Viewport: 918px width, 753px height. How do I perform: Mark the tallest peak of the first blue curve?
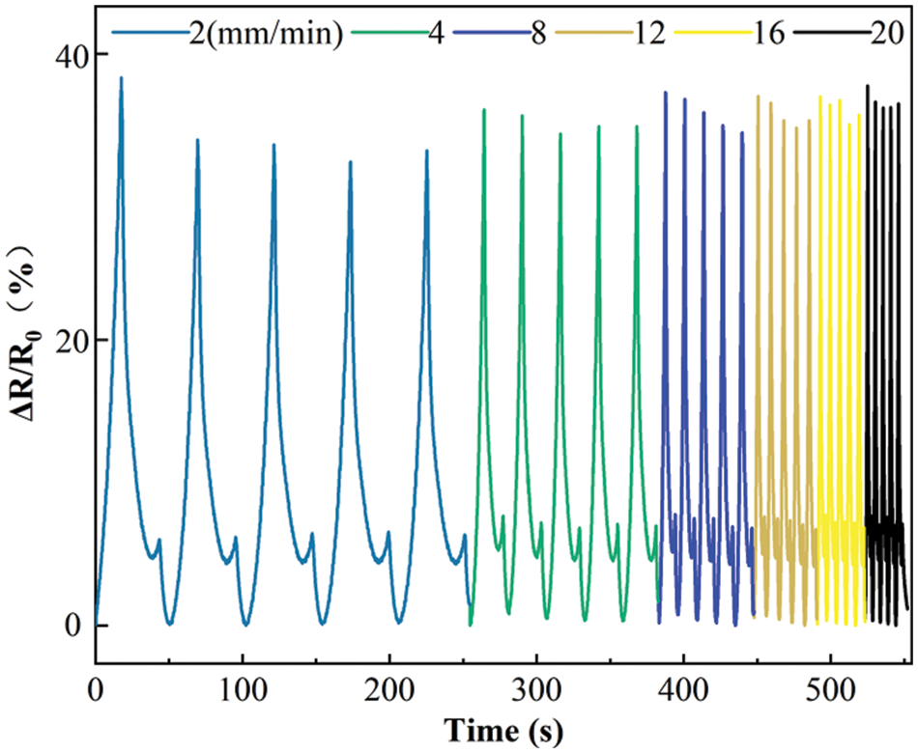121,78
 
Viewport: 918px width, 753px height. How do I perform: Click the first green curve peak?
484,110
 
